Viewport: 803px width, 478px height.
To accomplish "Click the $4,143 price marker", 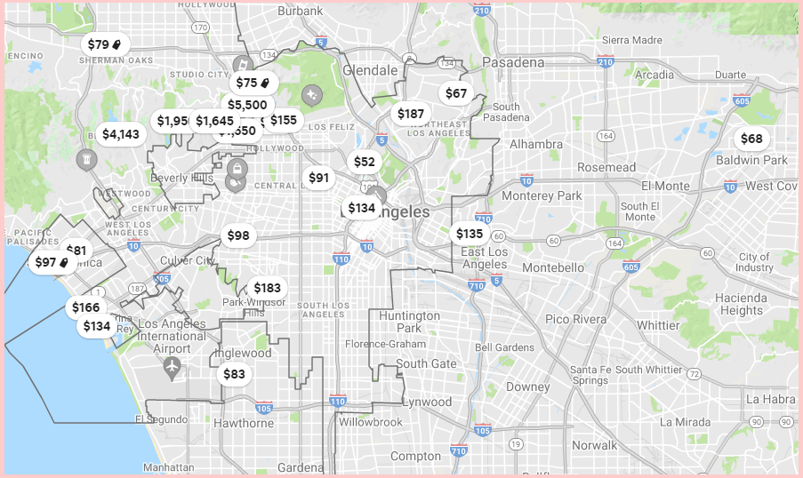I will click(x=121, y=134).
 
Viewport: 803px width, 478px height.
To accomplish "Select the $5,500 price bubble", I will click(x=246, y=105).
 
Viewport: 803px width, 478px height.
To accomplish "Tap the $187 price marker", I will click(x=411, y=114).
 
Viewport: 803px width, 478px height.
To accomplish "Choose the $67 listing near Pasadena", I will click(x=456, y=93).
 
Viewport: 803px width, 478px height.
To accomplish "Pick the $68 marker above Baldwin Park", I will click(x=751, y=139).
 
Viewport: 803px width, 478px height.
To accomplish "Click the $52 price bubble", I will click(x=365, y=162).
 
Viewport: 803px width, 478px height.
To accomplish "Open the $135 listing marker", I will click(x=470, y=234).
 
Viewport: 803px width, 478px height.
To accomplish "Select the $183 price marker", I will click(x=267, y=288).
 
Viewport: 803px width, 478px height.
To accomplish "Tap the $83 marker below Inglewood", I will click(x=234, y=374).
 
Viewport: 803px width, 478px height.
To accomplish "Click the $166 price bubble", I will click(x=86, y=307).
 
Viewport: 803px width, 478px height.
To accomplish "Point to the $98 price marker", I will click(x=238, y=235).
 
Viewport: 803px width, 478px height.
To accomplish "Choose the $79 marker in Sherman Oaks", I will click(x=104, y=44).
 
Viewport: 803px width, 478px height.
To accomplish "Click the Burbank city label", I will click(x=300, y=11).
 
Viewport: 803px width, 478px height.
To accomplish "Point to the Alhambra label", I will click(x=535, y=144).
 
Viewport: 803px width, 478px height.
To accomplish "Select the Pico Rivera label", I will click(x=575, y=319).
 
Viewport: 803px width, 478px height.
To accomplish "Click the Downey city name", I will click(x=528, y=386).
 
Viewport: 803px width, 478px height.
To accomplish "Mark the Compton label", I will click(x=415, y=456).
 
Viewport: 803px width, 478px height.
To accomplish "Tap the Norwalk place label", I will click(x=595, y=445).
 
